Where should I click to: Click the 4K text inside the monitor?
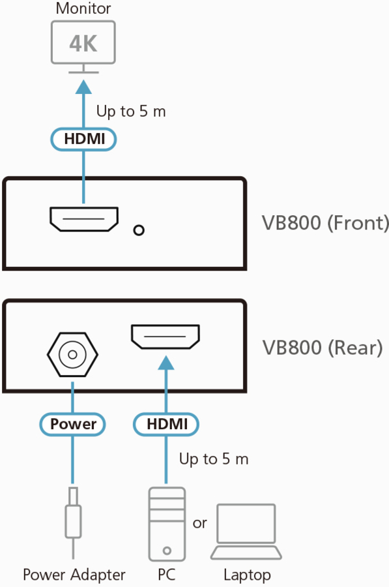pos(83,44)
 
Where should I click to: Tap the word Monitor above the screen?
pos(83,8)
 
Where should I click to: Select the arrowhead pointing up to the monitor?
pos(83,87)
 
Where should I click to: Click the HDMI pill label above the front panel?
pos(84,139)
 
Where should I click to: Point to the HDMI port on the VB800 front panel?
pos(84,219)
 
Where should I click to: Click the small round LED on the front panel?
pos(139,230)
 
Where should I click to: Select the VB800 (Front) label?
pos(324,223)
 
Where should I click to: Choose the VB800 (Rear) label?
pos(322,348)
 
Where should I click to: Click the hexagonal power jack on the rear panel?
pos(72,354)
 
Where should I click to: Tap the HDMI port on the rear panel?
pos(166,337)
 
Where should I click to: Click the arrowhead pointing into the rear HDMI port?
pos(166,363)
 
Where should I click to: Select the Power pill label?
pos(72,424)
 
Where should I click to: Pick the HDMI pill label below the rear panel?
pos(166,424)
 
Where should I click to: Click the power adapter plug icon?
pos(73,522)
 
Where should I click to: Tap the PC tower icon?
pos(167,524)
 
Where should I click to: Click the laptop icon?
pos(246,532)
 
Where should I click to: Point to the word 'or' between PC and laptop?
pos(199,523)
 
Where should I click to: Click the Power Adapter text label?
pos(74,575)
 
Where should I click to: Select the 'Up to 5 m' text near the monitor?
pos(131,111)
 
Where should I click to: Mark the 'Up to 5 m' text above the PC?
pos(214,459)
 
